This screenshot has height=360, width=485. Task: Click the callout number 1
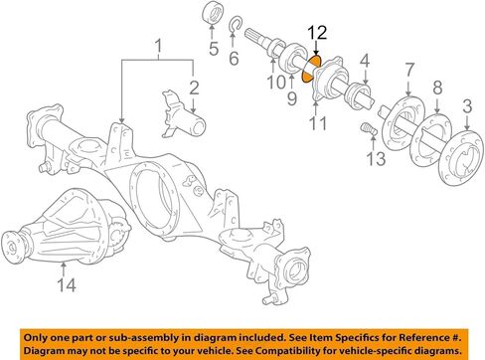pos(157,45)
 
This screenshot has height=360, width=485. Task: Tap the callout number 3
pos(466,106)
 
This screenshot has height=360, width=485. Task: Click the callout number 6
pos(235,58)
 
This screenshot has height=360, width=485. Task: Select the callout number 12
pos(316,34)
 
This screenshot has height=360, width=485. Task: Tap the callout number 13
pos(373,160)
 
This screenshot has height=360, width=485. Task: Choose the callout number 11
pos(319,124)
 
